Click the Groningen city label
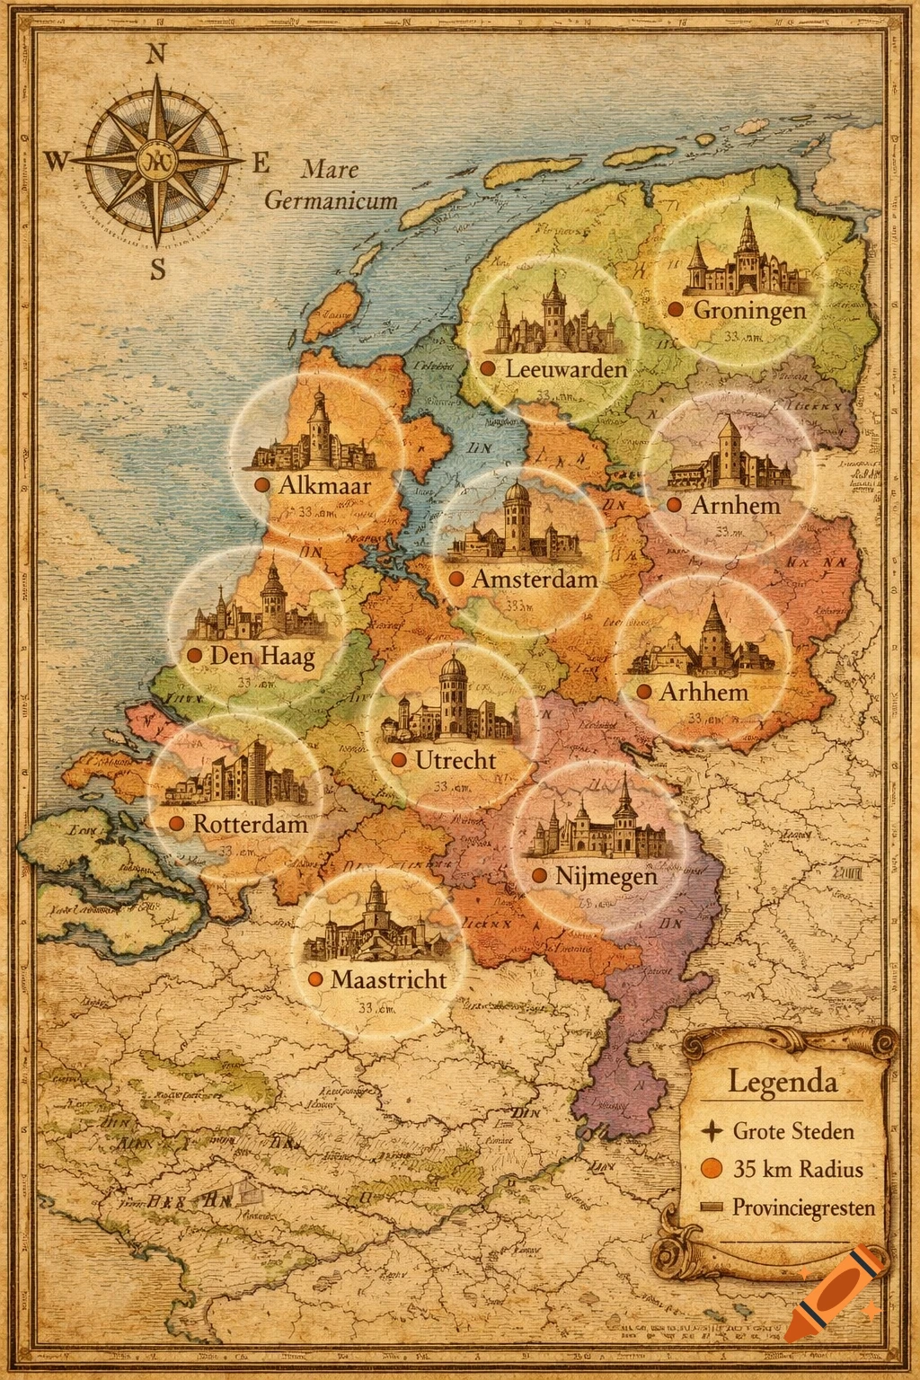tap(749, 310)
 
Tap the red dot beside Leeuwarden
tap(488, 368)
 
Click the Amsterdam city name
tap(535, 579)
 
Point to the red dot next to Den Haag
tap(193, 656)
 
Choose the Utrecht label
tap(456, 760)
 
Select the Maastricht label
tap(388, 979)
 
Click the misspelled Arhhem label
tap(703, 692)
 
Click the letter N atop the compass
tap(155, 54)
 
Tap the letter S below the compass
tap(158, 269)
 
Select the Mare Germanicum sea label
tap(331, 184)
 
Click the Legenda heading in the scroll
tap(782, 1081)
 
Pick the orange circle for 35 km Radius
tap(711, 1169)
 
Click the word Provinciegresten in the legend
tap(802, 1207)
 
